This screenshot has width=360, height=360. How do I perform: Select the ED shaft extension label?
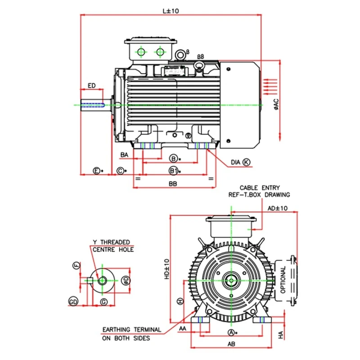coord(91,85)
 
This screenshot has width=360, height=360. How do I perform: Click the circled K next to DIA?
coord(247,162)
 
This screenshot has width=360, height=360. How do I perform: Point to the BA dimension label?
coord(126,155)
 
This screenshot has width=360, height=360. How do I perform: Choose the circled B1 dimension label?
coord(174,171)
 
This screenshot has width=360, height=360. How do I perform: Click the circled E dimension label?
coord(97,171)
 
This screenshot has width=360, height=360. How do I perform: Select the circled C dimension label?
coord(121,171)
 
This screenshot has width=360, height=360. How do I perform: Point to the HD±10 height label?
coord(166,268)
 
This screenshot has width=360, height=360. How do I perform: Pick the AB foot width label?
coord(231,343)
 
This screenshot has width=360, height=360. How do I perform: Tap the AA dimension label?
coord(183,329)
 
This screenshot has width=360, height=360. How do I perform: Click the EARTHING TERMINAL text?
coord(131,329)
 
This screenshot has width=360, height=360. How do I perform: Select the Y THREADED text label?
coord(111,242)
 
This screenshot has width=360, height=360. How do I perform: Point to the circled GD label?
coord(74,301)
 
